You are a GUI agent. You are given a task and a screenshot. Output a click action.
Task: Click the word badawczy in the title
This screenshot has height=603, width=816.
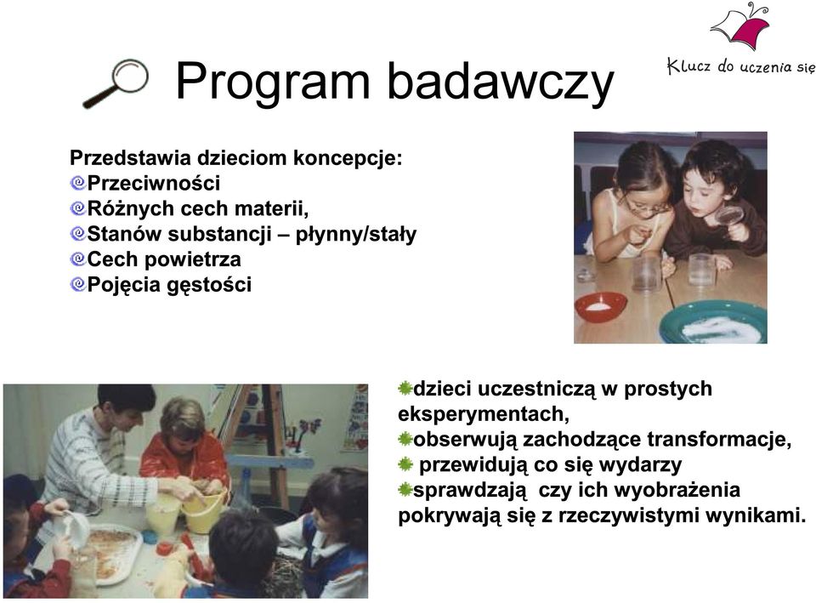pos(501,82)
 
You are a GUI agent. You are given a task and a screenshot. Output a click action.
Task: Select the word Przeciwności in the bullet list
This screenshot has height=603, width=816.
pos(154,184)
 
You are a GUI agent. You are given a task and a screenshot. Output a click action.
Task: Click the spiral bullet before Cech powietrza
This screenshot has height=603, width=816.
pos(77,259)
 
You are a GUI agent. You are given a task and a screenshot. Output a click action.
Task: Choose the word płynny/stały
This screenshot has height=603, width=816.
pos(356,235)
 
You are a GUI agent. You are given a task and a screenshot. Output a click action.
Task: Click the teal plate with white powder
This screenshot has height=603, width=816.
pos(714,321)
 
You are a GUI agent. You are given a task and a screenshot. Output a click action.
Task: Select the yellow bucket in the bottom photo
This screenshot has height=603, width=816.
pos(203,513)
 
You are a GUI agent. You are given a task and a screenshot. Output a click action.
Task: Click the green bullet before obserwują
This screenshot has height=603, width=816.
pos(405,440)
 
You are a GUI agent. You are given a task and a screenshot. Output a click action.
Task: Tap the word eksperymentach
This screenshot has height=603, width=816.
pos(483,415)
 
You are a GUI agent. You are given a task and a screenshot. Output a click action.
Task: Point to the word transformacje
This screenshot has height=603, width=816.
pos(719,440)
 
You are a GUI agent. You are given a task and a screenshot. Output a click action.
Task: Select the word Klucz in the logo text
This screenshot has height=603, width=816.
pos(688,66)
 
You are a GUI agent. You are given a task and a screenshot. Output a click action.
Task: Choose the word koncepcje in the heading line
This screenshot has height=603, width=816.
pos(348,159)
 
